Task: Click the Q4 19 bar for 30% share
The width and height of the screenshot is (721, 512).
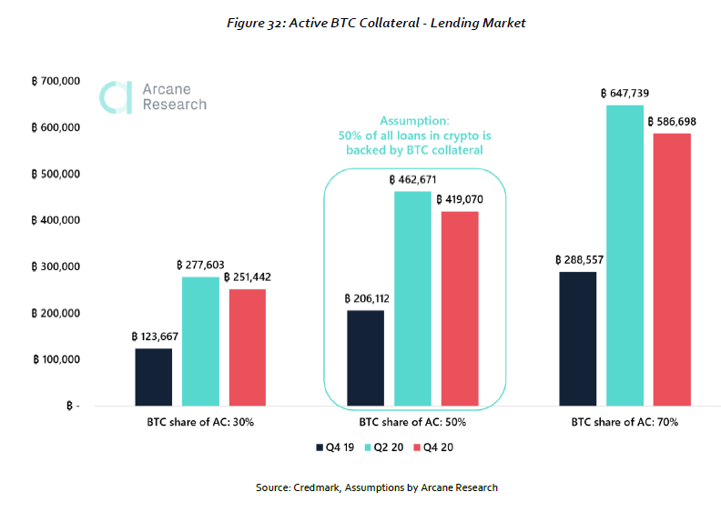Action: pos(154,377)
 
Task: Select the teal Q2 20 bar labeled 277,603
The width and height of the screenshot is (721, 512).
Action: pos(200,341)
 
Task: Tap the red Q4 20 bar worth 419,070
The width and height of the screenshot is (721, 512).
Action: pos(460,308)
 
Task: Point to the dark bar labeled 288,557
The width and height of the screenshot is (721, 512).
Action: pos(578,339)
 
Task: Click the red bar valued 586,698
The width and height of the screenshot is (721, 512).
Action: pos(672,269)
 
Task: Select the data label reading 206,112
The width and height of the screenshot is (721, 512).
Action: pos(367,299)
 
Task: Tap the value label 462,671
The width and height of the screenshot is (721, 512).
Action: pos(412,179)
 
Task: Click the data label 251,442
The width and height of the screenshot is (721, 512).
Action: pos(248,277)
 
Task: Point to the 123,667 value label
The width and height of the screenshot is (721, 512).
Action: pos(155,336)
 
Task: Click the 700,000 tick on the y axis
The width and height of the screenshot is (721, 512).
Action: pos(56,81)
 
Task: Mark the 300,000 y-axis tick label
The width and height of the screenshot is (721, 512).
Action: pos(56,266)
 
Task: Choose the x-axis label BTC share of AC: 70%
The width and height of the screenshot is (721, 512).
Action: pos(625,422)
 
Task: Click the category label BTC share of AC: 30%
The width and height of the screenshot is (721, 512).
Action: pos(200,422)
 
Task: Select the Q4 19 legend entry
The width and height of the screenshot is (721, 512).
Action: pos(335,447)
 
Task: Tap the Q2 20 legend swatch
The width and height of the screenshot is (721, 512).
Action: pos(368,447)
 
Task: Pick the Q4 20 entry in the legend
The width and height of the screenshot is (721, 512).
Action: pos(433,447)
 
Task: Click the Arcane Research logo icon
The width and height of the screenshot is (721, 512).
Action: pos(116,97)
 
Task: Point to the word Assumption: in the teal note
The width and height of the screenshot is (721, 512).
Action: pos(414,121)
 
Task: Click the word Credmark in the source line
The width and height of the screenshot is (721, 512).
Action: pos(317,487)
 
